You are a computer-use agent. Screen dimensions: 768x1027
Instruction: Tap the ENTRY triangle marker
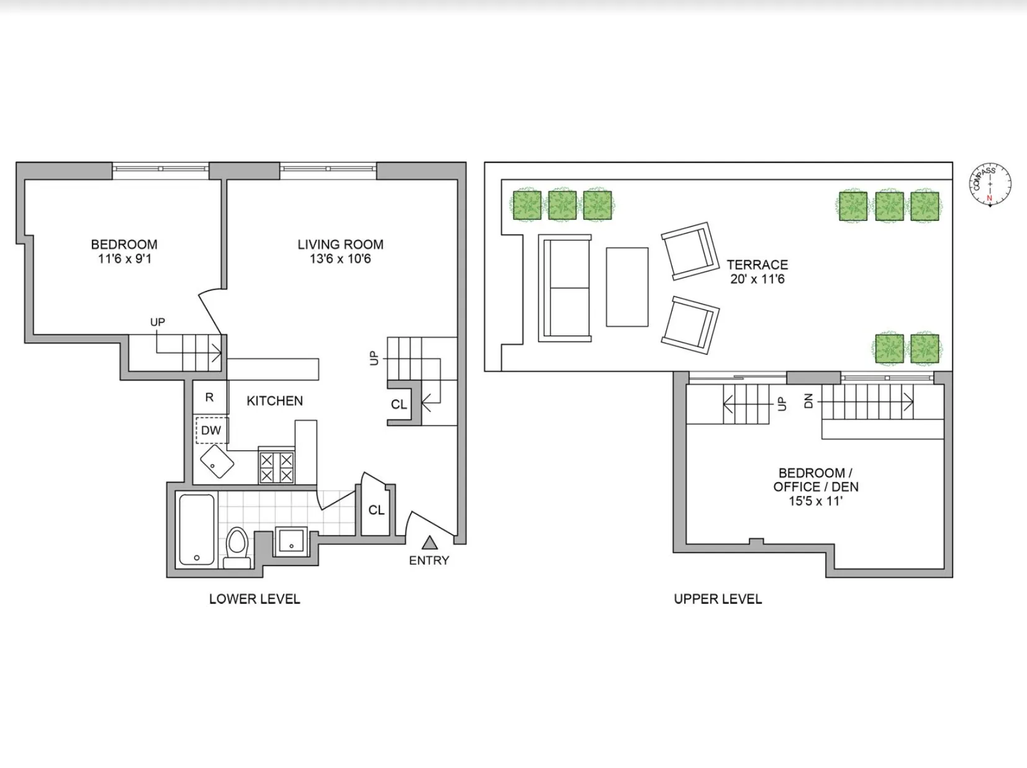[x=429, y=544]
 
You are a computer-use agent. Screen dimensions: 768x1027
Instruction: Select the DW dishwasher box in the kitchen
[x=211, y=431]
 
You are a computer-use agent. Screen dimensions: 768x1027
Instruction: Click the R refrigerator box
[x=210, y=398]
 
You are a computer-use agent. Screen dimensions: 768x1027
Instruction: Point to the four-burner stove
[x=276, y=467]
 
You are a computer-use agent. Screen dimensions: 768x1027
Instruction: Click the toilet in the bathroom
[x=237, y=547]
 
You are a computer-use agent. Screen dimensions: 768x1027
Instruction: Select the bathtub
[x=197, y=529]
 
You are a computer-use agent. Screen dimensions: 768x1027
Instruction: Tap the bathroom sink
[x=291, y=541]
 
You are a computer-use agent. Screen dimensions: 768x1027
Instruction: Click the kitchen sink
[x=217, y=461]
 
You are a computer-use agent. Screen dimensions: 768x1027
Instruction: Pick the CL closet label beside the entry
[x=376, y=510]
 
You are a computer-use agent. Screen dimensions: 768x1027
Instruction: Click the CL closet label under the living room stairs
[x=399, y=405]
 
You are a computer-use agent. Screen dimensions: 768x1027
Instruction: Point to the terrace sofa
[x=565, y=288]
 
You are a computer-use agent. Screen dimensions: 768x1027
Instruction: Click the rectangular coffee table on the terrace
[x=627, y=287]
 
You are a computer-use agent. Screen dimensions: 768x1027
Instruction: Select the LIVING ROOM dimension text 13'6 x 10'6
[x=340, y=259]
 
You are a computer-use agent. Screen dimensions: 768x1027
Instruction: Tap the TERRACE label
[x=758, y=265]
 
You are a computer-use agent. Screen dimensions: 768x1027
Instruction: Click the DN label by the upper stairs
[x=808, y=401]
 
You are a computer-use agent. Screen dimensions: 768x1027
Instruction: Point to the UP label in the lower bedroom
[x=157, y=322]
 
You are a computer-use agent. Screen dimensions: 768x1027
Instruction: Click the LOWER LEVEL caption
[x=255, y=599]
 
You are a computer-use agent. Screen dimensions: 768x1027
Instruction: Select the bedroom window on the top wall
[x=160, y=168]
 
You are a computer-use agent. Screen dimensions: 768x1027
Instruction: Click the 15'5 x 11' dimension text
[x=816, y=501]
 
